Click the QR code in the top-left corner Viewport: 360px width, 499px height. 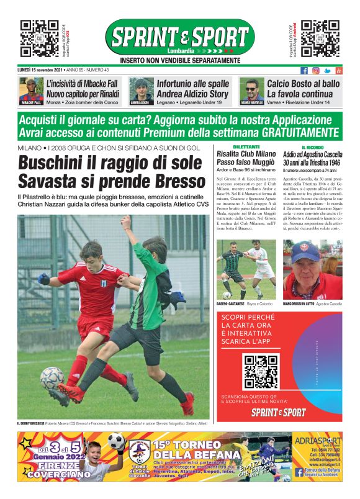[39, 39]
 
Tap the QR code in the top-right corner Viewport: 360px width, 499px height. [320, 39]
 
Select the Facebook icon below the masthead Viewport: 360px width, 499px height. [304, 71]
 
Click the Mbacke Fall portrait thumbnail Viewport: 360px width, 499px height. [31, 91]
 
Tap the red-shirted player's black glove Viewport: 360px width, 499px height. [43, 279]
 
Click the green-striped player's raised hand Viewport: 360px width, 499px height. [127, 222]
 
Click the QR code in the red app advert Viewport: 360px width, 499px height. [261, 371]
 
